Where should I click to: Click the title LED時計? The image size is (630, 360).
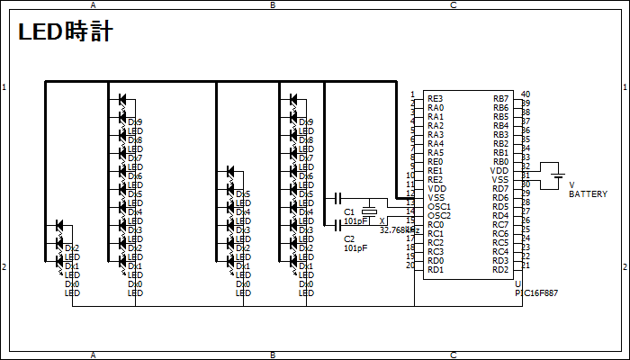pyautogui.click(x=65, y=33)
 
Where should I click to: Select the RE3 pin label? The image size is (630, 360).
pyautogui.click(x=435, y=98)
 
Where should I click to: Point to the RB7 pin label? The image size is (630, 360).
pyautogui.click(x=500, y=98)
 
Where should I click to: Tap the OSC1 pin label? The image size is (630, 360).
pyautogui.click(x=438, y=206)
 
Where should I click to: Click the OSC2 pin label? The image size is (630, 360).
pyautogui.click(x=438, y=215)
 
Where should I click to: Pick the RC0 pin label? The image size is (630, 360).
pyautogui.click(x=435, y=224)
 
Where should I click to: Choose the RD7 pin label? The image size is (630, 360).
pyautogui.click(x=500, y=188)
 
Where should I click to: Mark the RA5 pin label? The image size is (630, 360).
pyautogui.click(x=435, y=152)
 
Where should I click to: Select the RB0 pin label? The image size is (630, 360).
pyautogui.click(x=500, y=161)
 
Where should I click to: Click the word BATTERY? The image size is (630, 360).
pyautogui.click(x=588, y=194)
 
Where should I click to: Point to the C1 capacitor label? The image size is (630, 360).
pyautogui.click(x=350, y=211)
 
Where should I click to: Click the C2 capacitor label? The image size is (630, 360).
pyautogui.click(x=350, y=238)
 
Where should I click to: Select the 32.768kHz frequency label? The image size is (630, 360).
pyautogui.click(x=400, y=229)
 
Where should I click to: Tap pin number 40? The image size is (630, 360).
pyautogui.click(x=526, y=94)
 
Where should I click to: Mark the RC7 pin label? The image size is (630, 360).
pyautogui.click(x=500, y=224)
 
